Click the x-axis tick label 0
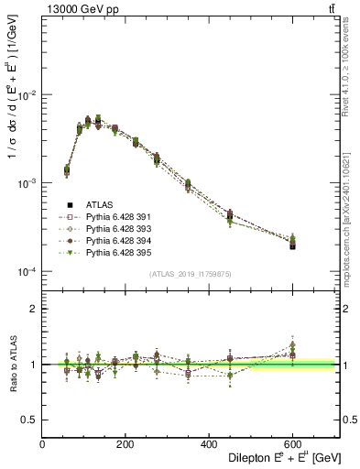[42, 444]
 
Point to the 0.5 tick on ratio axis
[29, 420]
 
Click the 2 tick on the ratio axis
[33, 309]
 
